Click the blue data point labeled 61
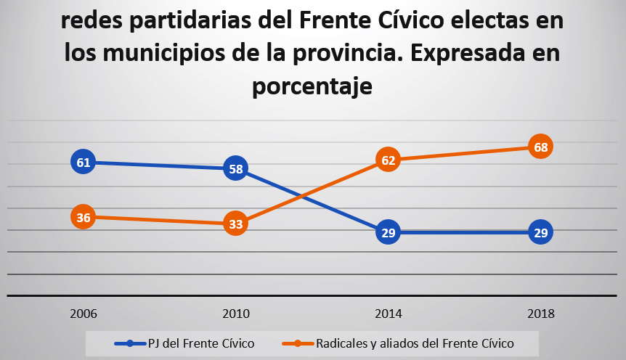(x=84, y=162)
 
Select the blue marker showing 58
(x=235, y=169)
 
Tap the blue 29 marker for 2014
(x=389, y=232)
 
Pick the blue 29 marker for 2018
(x=540, y=232)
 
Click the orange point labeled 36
(x=84, y=217)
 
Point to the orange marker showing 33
(x=235, y=224)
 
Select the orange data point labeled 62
(x=389, y=160)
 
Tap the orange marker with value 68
(x=540, y=147)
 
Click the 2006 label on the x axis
(x=84, y=314)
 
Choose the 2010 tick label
(x=235, y=314)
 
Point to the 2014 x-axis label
(x=389, y=314)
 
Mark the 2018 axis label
(x=540, y=314)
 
